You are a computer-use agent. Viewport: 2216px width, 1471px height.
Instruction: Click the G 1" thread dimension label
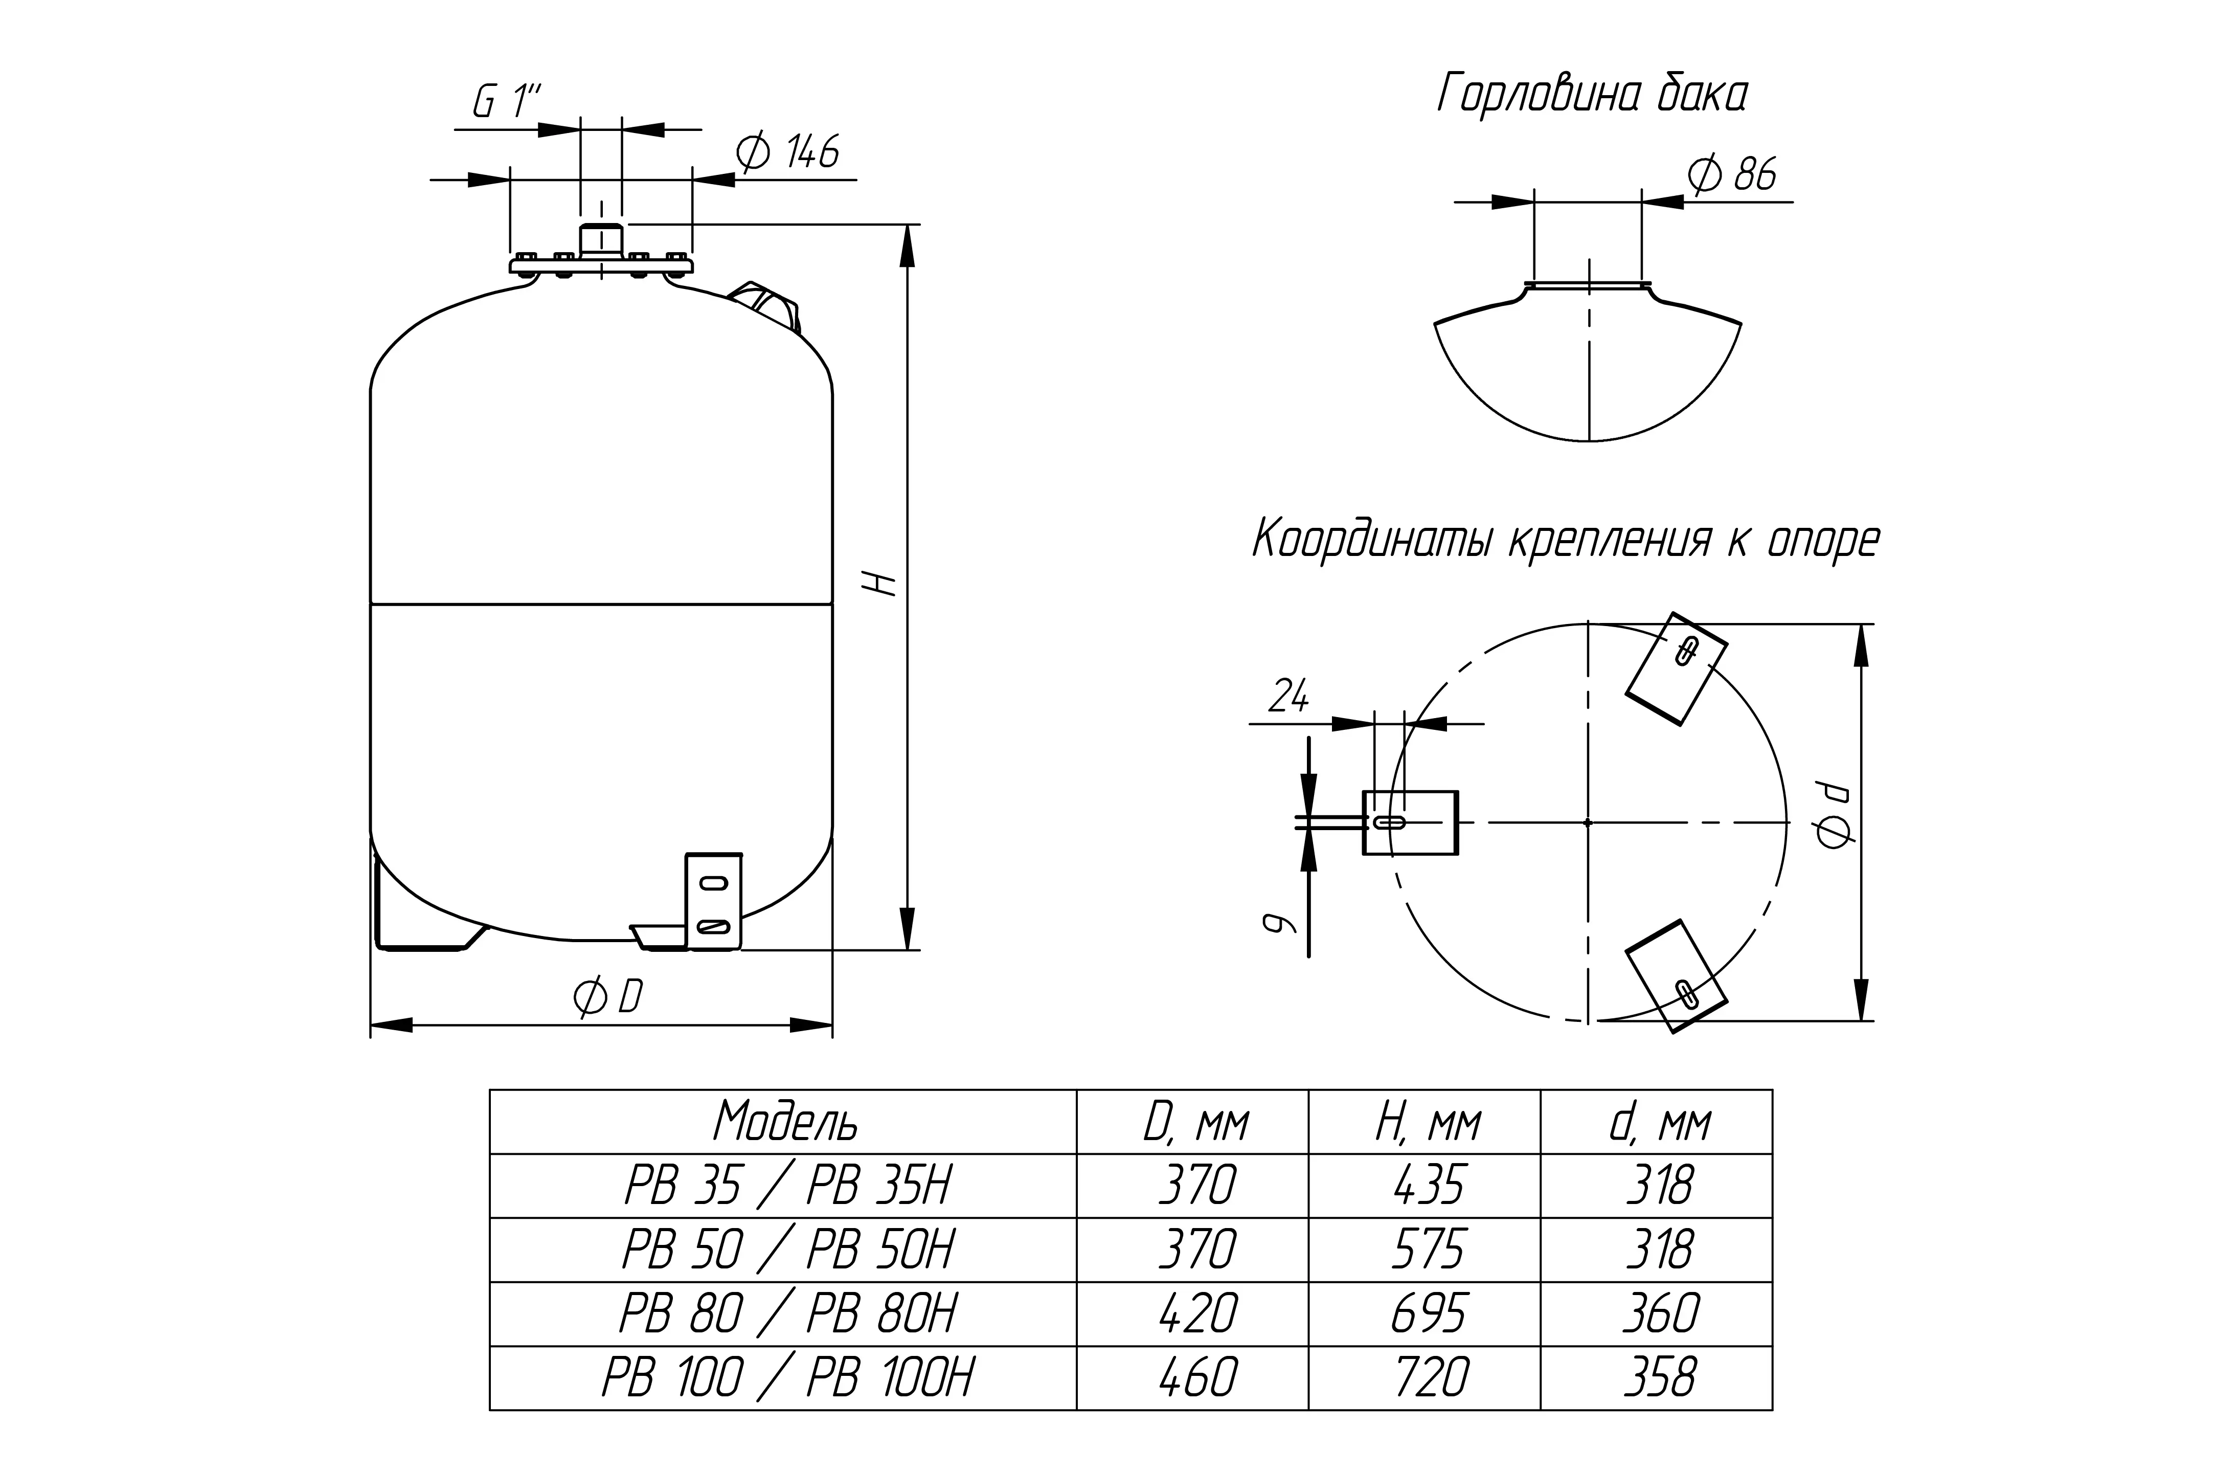pos(507,101)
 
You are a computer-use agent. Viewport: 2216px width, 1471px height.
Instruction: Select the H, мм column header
pos(1428,1122)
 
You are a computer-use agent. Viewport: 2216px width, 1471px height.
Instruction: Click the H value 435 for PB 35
pos(1428,1186)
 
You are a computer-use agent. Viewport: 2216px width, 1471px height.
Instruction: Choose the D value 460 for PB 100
pos(1197,1377)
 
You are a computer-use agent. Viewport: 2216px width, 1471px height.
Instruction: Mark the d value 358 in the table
pos(1660,1377)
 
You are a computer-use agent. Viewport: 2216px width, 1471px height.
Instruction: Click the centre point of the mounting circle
pos(1588,823)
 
